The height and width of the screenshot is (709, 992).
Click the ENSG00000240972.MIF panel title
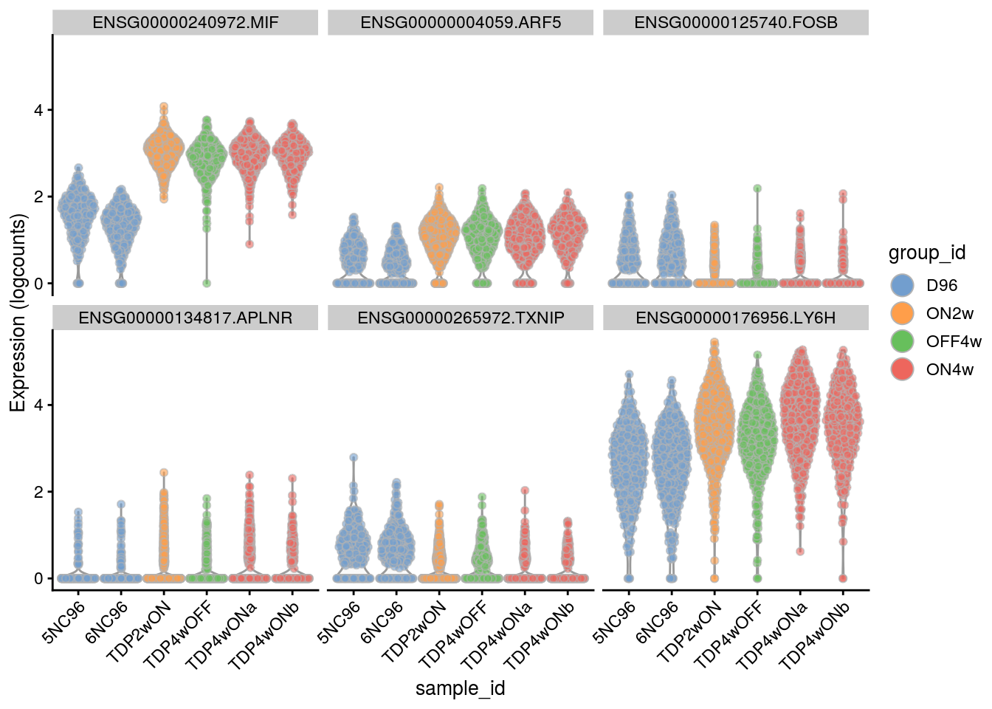pyautogui.click(x=185, y=23)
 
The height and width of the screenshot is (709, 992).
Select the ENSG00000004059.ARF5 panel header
pyautogui.click(x=461, y=23)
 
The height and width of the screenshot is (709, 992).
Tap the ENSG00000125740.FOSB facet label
pyautogui.click(x=736, y=23)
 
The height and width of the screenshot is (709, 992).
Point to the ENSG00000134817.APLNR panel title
pyautogui.click(x=185, y=318)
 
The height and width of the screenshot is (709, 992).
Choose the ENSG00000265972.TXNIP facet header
pyautogui.click(x=461, y=318)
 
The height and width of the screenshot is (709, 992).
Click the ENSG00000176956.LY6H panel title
pyautogui.click(x=736, y=318)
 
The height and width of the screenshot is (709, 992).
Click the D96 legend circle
pyautogui.click(x=903, y=285)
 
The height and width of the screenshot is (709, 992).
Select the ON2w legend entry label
pyautogui.click(x=950, y=313)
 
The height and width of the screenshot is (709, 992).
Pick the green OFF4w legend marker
pyautogui.click(x=903, y=341)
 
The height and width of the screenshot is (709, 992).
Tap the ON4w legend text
pyautogui.click(x=950, y=369)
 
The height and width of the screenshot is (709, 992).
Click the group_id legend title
pyautogui.click(x=927, y=253)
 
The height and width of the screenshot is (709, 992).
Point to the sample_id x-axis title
pyautogui.click(x=461, y=688)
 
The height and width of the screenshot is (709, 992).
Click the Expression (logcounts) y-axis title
pyautogui.click(x=18, y=312)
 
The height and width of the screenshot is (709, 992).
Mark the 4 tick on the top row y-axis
pyautogui.click(x=38, y=110)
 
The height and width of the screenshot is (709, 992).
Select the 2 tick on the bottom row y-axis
pyautogui.click(x=38, y=492)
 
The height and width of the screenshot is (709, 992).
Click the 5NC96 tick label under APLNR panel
pyautogui.click(x=65, y=622)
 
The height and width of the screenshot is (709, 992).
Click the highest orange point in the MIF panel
pyautogui.click(x=164, y=107)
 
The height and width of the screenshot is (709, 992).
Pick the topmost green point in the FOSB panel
pyautogui.click(x=757, y=188)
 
